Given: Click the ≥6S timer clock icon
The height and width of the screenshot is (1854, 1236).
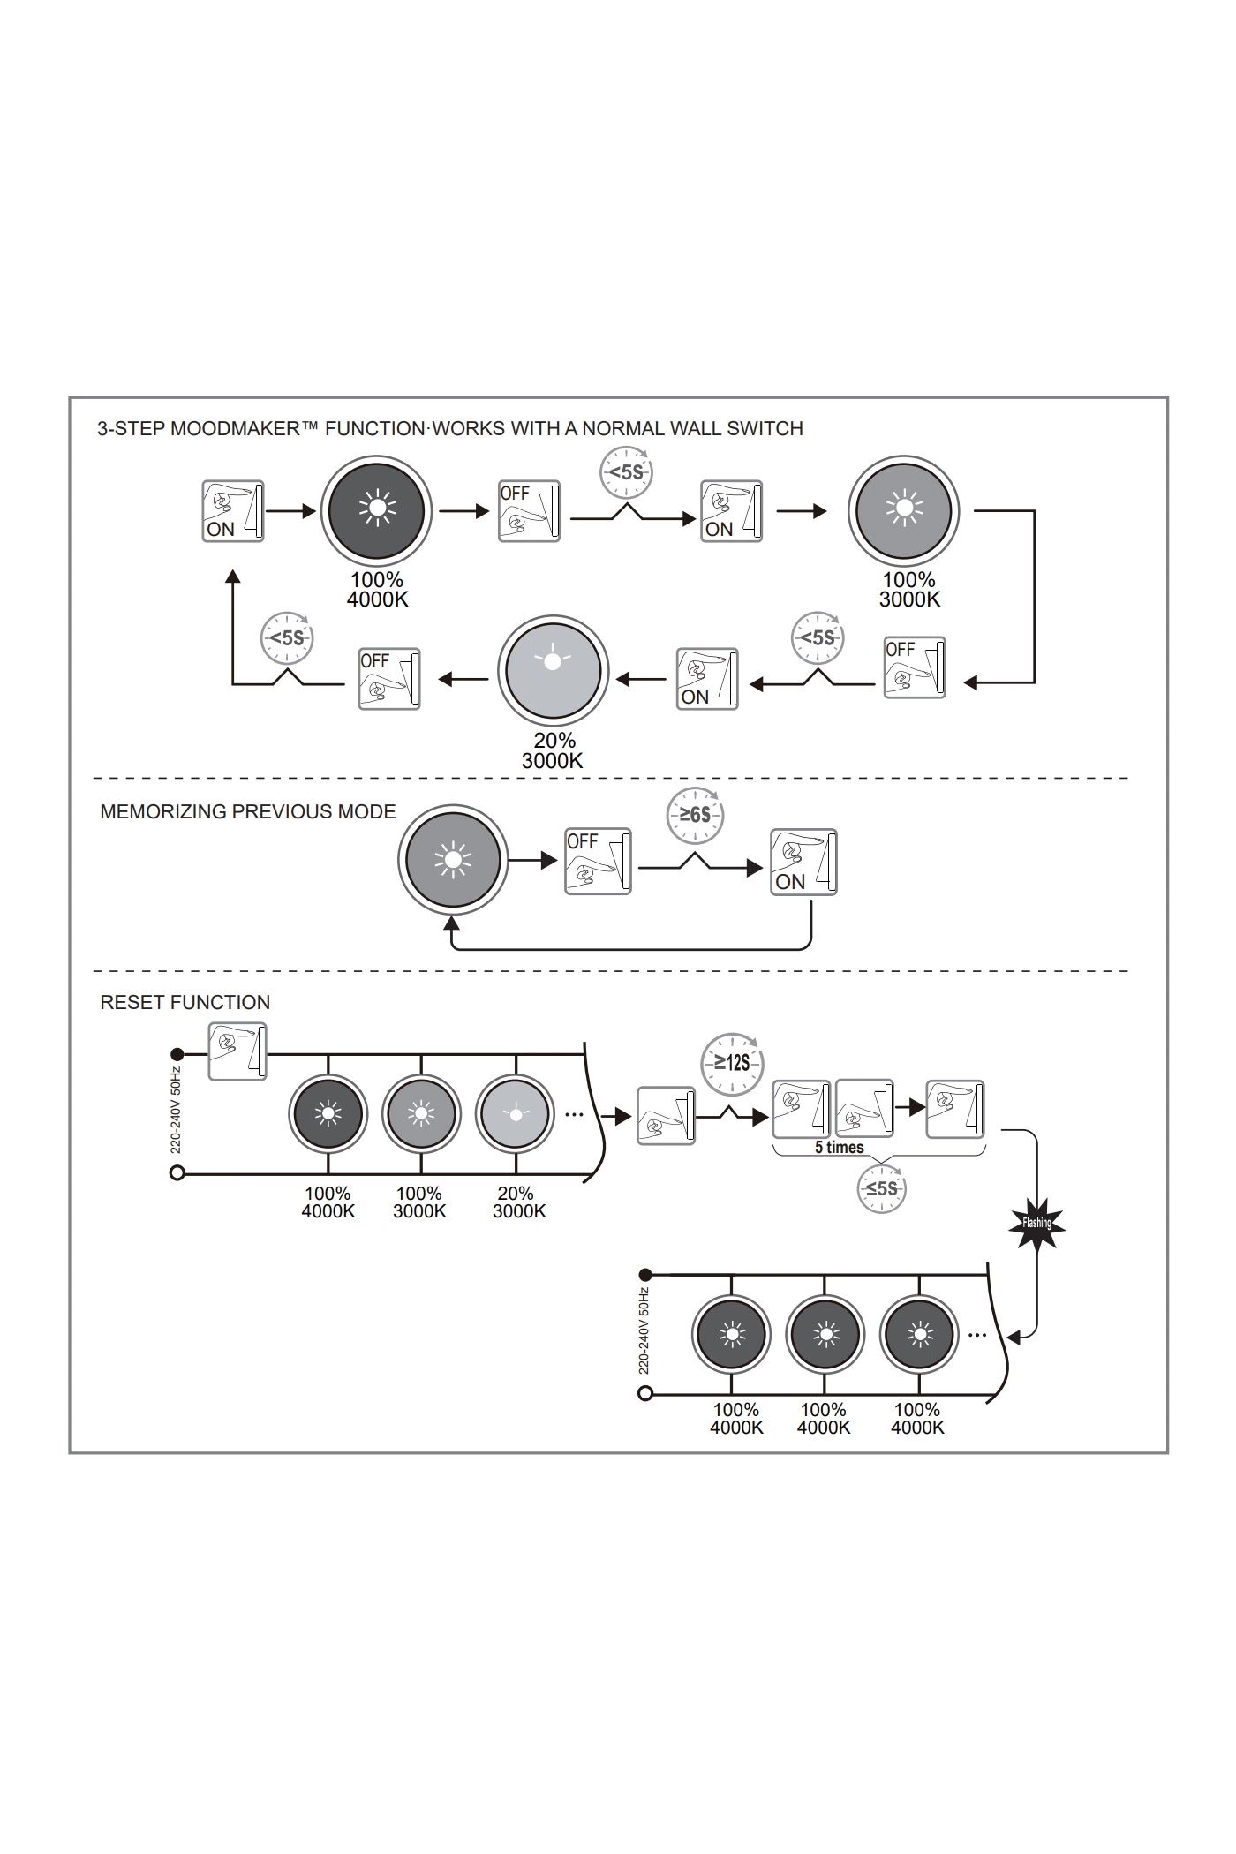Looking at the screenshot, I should (x=695, y=814).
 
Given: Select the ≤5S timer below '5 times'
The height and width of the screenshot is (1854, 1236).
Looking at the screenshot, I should (x=881, y=1188).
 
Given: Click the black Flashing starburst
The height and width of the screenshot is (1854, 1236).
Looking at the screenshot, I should (x=1037, y=1224).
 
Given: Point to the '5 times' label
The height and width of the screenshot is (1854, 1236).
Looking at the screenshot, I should (x=839, y=1148).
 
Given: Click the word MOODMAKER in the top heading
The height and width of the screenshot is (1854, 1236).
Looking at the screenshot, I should (x=235, y=429).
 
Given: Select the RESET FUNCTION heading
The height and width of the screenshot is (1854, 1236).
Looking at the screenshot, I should (x=185, y=1002).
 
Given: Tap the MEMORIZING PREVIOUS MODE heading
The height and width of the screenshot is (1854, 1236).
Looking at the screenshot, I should (x=247, y=811).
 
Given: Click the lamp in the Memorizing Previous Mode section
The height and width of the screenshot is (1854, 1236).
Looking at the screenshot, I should (x=453, y=859).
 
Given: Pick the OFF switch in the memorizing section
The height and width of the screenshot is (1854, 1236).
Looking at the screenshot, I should (x=598, y=862).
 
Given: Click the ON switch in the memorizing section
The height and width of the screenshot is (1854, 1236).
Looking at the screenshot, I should (x=803, y=862).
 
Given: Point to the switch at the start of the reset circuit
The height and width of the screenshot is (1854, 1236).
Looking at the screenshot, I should (x=237, y=1051).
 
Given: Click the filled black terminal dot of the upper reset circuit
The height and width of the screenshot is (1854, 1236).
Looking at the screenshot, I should (x=177, y=1054).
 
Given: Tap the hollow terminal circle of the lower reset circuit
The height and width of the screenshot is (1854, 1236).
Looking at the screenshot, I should (x=645, y=1393).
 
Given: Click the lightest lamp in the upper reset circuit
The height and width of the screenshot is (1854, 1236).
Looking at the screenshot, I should (x=515, y=1113).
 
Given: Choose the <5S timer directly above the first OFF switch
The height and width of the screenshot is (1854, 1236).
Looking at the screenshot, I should (x=626, y=472).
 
